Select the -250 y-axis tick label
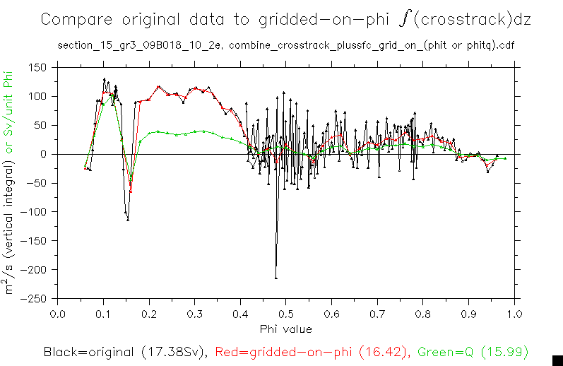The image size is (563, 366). coord(34,298)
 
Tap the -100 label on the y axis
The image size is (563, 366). coord(34,212)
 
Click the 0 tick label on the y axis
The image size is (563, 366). coord(43,154)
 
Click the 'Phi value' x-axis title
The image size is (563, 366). coord(285,329)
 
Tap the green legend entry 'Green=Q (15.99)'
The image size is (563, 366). coord(473,351)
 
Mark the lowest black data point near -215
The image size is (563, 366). coord(275,278)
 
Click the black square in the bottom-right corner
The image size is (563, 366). coord(557,360)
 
